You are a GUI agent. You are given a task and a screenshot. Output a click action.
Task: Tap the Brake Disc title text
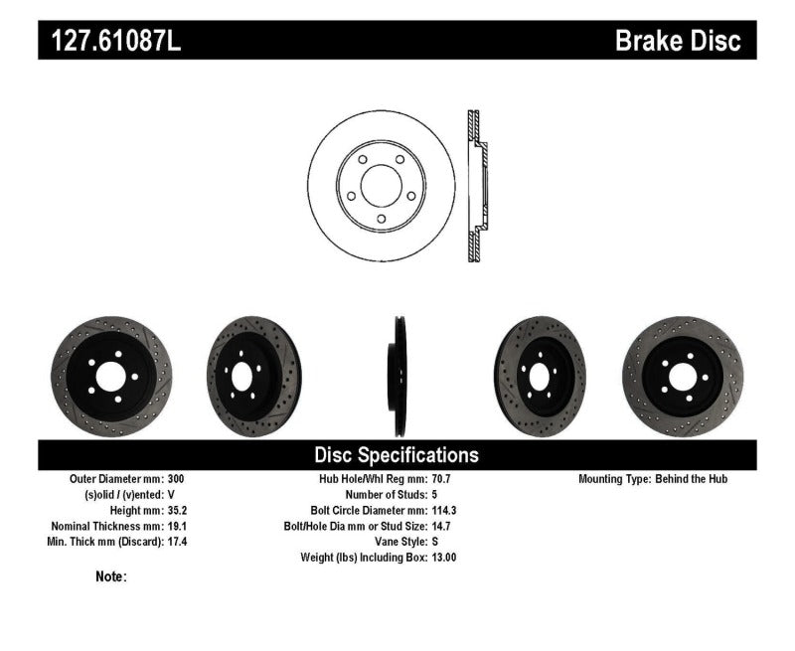678,42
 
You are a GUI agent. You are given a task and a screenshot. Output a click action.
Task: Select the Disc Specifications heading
397,455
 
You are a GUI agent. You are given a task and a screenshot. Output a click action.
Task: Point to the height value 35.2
175,510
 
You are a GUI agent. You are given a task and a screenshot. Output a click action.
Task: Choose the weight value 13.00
445,558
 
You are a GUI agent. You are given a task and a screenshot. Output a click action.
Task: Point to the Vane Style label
395,542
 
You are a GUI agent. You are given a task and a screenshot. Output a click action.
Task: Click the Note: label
111,576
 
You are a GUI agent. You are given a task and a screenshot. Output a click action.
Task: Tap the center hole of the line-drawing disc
381,187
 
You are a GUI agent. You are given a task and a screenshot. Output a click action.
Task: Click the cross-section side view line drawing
477,187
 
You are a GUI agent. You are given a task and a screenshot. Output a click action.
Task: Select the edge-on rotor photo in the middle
397,376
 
